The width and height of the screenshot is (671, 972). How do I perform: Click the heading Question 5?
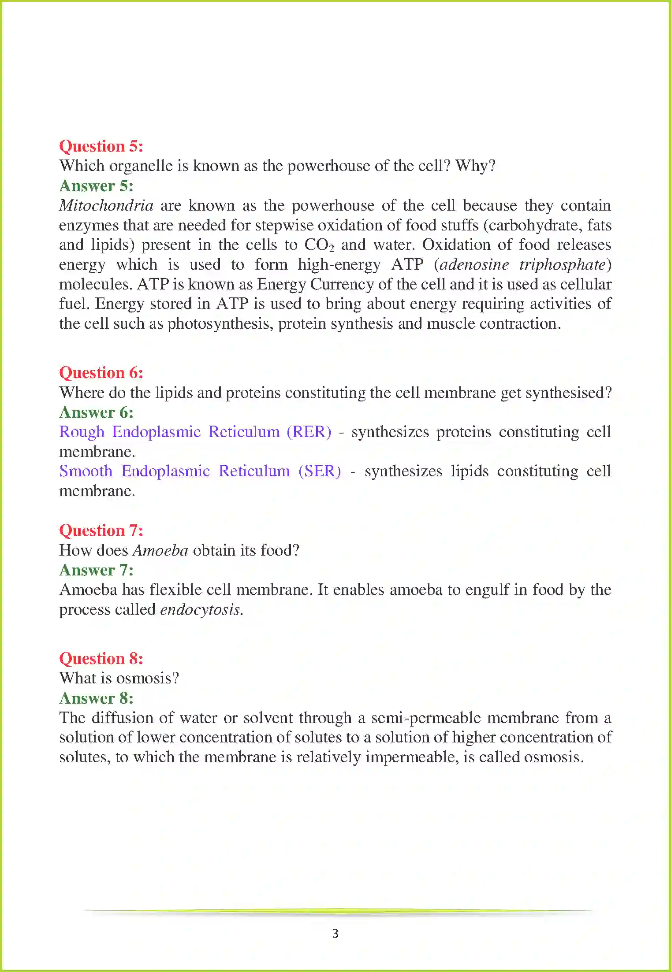[101, 146]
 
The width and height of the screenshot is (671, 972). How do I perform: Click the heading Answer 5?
[96, 186]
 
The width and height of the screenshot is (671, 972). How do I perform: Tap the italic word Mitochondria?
[106, 205]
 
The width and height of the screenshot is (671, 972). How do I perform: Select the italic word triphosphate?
[562, 264]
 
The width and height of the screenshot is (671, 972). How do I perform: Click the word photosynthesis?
[220, 324]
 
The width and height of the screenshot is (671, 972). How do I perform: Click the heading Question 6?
[101, 373]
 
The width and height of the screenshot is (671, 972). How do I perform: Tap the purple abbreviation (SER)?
[320, 471]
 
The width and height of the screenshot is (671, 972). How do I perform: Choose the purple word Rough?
[82, 432]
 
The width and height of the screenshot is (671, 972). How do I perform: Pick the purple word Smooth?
[86, 471]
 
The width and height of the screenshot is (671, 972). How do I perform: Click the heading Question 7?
[101, 531]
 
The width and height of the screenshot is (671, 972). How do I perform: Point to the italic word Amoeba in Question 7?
[160, 550]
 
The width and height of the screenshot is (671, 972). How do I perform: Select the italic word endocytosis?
[201, 610]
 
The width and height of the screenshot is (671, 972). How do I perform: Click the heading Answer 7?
[96, 570]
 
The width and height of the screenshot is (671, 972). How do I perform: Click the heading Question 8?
[101, 659]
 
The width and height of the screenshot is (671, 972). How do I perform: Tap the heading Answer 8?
[96, 698]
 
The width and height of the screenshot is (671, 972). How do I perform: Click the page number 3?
[335, 933]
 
